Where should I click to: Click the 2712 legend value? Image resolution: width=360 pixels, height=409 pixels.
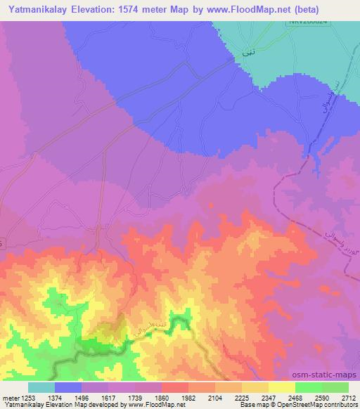[x=347, y=397]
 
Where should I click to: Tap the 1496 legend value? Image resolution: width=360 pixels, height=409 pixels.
[x=82, y=397]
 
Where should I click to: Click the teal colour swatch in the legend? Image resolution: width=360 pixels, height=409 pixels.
[x=41, y=387]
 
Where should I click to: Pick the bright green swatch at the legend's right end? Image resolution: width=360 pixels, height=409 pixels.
[x=335, y=387]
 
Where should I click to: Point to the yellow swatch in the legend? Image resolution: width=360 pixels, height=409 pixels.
[x=282, y=387]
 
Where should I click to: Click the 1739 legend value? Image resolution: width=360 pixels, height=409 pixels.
[x=134, y=397]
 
